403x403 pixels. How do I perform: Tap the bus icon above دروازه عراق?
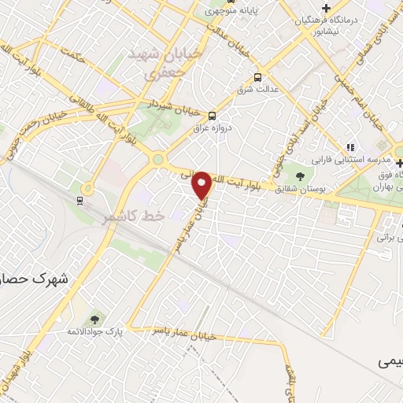click(212, 114)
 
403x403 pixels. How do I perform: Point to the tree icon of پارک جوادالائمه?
click(94, 319)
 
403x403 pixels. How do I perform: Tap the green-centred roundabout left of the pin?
click(157, 159)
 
